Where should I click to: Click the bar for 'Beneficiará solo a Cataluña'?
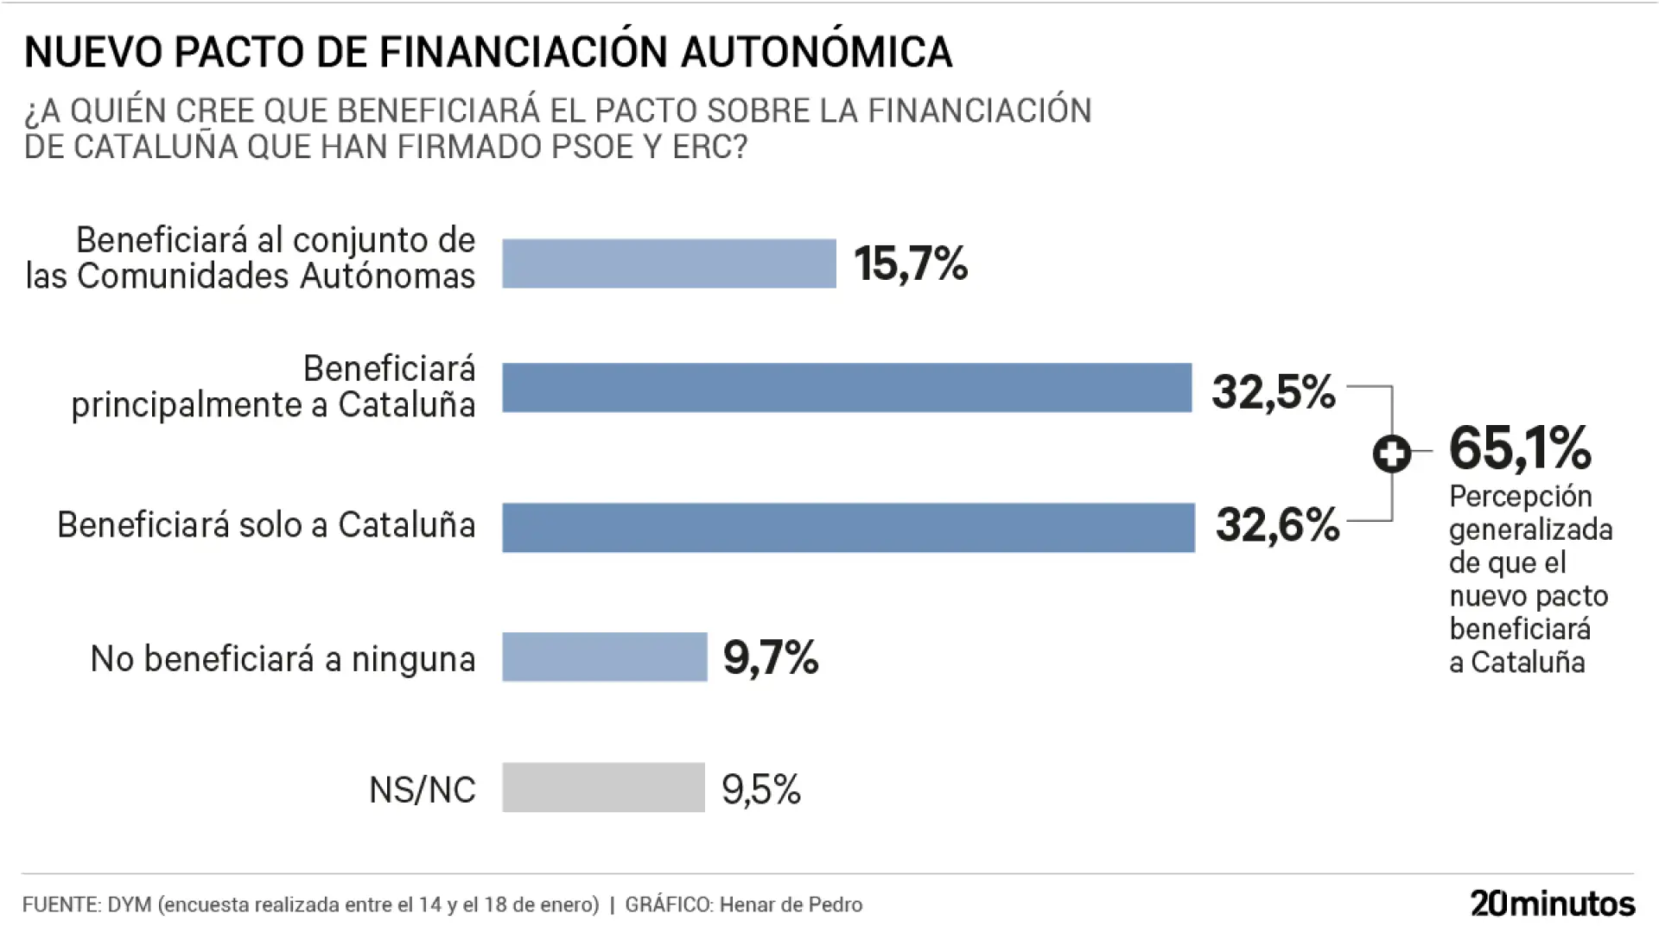848,527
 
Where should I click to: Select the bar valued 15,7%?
669,263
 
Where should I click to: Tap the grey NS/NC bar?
603,787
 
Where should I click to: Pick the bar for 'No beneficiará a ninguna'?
604,657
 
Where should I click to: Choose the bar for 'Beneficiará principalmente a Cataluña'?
847,388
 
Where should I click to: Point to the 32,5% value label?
1273,391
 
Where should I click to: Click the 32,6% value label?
1277,524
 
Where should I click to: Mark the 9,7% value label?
771,658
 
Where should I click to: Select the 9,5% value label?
761,789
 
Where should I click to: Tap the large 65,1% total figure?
1519,447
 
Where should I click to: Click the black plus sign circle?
1391,454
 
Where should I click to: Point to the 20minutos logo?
1553,904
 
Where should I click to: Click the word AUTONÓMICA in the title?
817,52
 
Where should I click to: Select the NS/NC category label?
422,790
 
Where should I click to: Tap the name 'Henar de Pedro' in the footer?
791,904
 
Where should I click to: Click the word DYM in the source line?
130,904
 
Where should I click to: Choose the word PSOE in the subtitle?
593,147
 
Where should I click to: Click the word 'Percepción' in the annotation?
1520,496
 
